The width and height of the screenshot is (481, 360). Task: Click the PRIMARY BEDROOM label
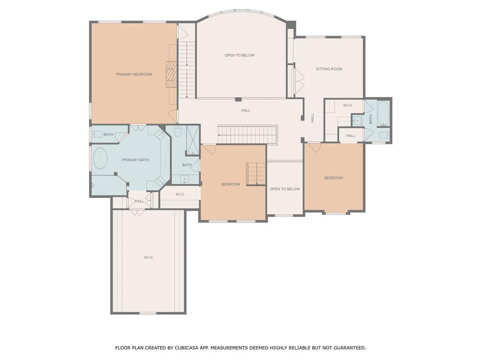(x=134, y=74)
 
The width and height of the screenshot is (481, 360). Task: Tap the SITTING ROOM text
(x=329, y=69)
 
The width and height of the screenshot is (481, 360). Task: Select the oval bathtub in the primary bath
(x=100, y=158)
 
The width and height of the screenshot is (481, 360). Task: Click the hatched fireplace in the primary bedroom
(x=171, y=74)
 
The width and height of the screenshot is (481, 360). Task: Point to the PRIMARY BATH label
(x=135, y=160)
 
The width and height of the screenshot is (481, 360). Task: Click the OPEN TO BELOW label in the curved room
(x=239, y=55)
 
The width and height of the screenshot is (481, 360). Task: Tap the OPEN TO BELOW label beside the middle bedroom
(x=285, y=189)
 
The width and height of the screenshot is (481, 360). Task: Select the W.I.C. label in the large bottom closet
(x=149, y=258)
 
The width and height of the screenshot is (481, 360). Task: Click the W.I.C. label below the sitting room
(x=348, y=105)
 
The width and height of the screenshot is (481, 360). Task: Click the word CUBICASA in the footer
(x=187, y=348)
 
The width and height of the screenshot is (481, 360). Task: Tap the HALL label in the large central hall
(x=246, y=111)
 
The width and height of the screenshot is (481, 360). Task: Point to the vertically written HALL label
(x=312, y=118)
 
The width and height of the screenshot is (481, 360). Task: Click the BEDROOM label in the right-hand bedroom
(x=334, y=178)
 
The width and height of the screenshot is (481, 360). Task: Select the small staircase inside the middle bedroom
(x=256, y=174)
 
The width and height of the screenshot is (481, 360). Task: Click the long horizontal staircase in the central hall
(x=248, y=135)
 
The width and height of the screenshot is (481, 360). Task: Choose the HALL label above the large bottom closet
(x=140, y=201)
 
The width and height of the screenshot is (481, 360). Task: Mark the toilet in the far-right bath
(x=383, y=135)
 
